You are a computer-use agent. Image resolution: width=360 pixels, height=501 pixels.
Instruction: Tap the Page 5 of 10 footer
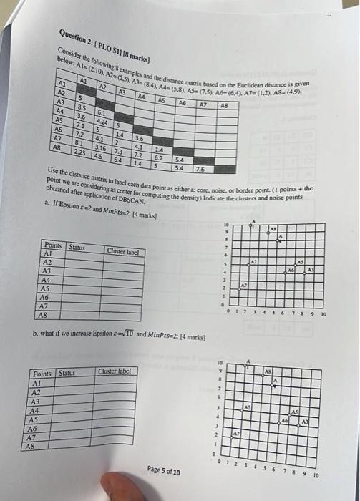tap(165, 472)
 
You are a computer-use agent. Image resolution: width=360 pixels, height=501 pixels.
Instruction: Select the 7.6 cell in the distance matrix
tap(201, 169)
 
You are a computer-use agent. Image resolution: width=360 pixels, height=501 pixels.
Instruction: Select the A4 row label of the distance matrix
tap(61, 112)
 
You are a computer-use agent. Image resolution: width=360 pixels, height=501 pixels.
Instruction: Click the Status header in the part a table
tap(76, 246)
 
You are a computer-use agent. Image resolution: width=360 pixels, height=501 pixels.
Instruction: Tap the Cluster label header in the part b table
tap(115, 371)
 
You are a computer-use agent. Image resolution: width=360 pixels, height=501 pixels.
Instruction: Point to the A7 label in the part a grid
tap(243, 285)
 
